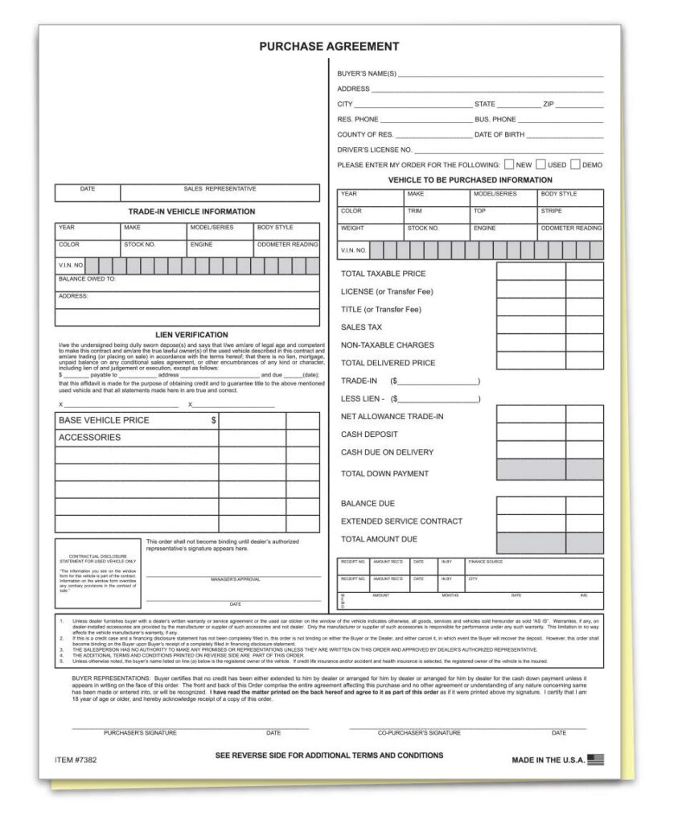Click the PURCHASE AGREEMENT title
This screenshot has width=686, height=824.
329,47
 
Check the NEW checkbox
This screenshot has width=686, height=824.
509,164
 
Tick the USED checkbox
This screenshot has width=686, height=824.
541,164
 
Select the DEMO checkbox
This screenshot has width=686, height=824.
575,164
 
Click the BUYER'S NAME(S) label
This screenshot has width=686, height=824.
367,74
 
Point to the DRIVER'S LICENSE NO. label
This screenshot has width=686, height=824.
374,150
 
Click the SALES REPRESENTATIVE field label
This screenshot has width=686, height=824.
220,189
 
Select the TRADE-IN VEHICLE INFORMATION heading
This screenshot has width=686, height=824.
191,212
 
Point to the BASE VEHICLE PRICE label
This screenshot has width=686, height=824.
104,420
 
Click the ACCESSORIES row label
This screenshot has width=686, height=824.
89,438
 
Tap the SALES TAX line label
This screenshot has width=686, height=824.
361,328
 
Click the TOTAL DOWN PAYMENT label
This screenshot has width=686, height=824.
384,474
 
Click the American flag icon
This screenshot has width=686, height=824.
595,760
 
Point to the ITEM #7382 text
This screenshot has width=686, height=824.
76,760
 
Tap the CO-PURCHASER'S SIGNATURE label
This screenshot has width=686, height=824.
419,733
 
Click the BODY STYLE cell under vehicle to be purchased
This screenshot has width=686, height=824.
559,195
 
